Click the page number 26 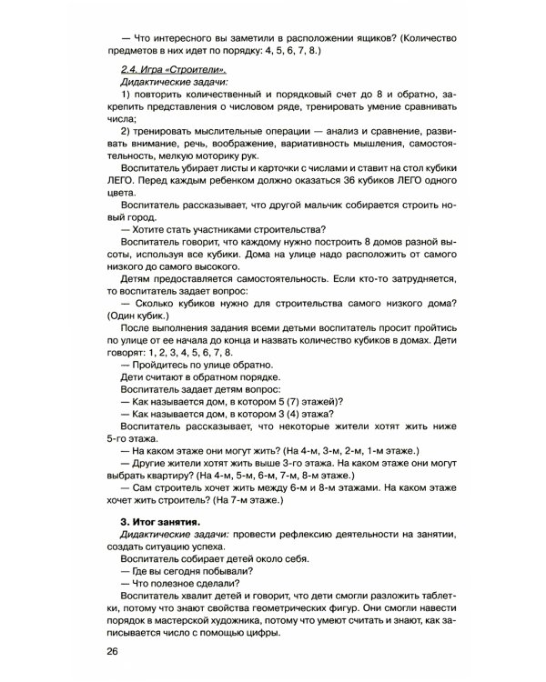pyautogui.click(x=112, y=651)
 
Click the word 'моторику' pyautogui.click(x=218, y=155)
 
